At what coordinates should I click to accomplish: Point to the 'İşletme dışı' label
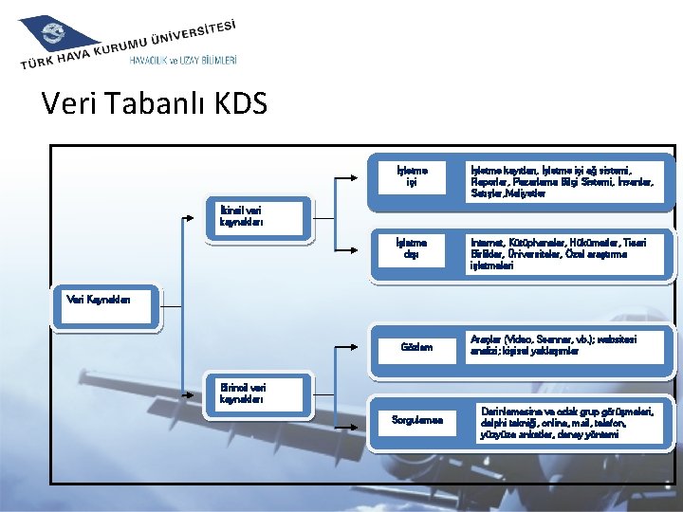[x=410, y=248]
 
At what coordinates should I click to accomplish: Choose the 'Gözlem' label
[x=416, y=347]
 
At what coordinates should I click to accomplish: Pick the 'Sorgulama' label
[x=416, y=419]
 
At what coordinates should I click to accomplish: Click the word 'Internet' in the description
[x=488, y=243]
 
